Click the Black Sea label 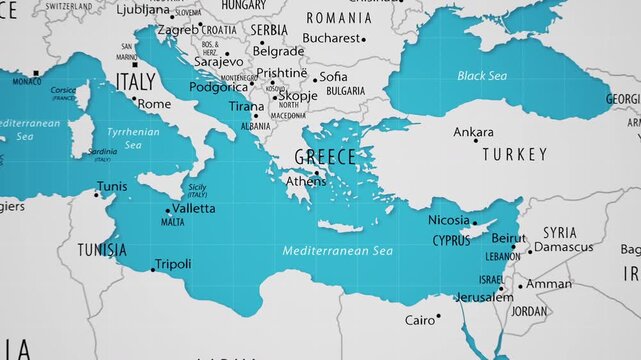(x=482, y=75)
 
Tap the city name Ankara (x=473, y=132)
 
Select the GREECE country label (x=325, y=157)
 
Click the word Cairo (x=420, y=320)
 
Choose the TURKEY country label (x=515, y=155)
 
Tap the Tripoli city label (x=173, y=265)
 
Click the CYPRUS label (x=451, y=241)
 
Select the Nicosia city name (x=448, y=220)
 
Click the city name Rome (x=154, y=104)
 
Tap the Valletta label (x=194, y=208)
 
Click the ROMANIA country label (x=339, y=18)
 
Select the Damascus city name (x=563, y=247)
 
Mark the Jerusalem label (x=483, y=297)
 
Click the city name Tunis (x=111, y=187)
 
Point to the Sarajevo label (x=218, y=61)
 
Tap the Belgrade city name (x=278, y=51)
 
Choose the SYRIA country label (x=560, y=232)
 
